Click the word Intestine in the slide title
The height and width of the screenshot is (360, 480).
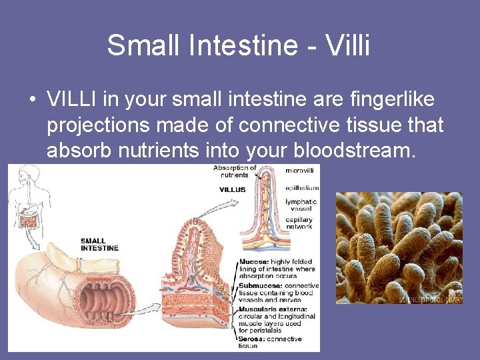[x=237, y=45]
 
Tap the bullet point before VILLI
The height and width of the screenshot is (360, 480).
[x=32, y=101]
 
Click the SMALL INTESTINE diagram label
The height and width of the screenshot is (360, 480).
[x=99, y=244]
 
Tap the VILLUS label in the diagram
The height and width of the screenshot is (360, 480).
[x=232, y=189]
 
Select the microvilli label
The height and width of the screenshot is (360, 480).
[x=301, y=171]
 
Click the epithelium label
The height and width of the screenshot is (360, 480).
[x=302, y=188]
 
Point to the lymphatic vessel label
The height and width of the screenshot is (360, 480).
[x=301, y=205]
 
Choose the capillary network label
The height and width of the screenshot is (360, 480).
[x=300, y=223]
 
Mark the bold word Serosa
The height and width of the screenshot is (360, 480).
[x=251, y=339]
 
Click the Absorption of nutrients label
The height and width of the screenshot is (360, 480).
[x=235, y=171]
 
